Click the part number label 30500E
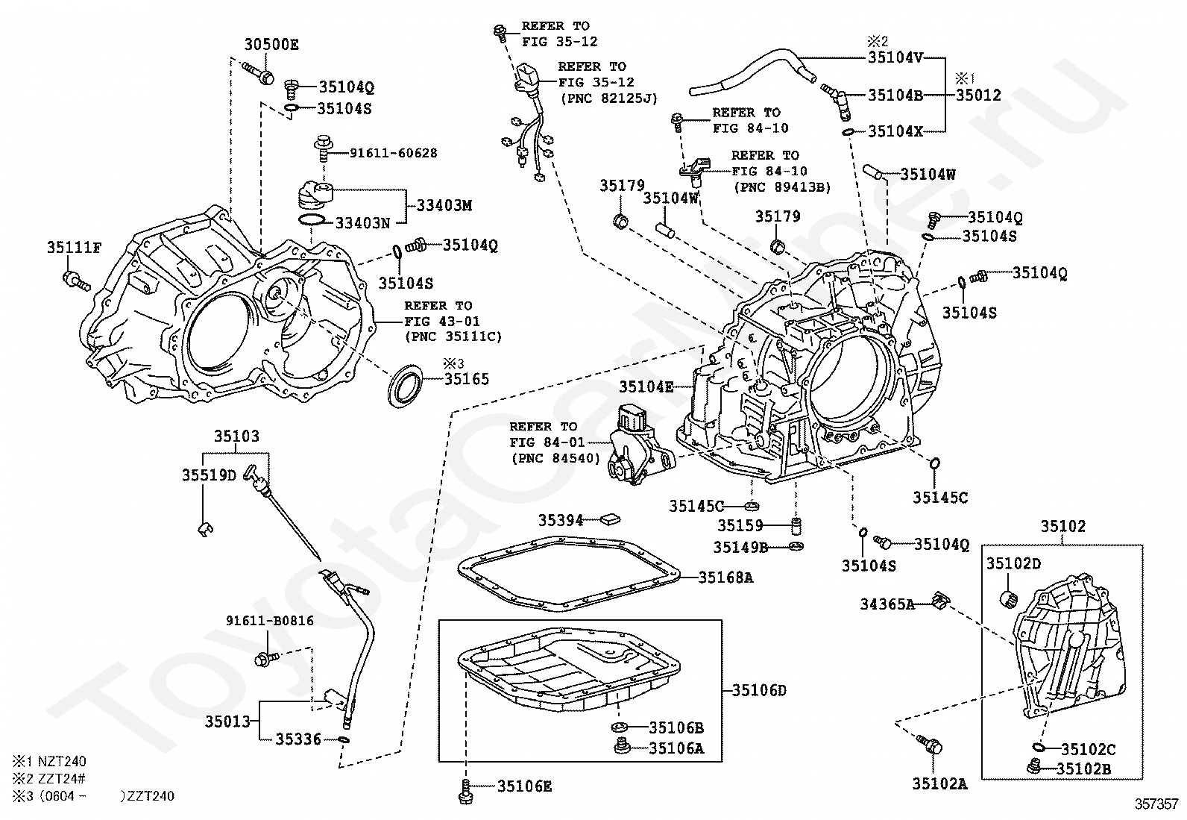pos(271,45)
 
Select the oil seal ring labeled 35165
pos(406,386)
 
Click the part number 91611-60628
pos(394,153)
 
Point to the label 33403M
pos(444,205)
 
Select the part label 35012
pos(979,96)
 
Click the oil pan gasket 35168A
pos(569,574)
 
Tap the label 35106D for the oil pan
pos(759,691)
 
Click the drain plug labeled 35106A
pos(622,747)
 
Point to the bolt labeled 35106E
pos(465,791)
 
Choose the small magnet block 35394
pos(611,519)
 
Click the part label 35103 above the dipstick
pos(237,436)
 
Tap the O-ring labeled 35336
pos(344,739)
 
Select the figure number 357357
pos(1156,804)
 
